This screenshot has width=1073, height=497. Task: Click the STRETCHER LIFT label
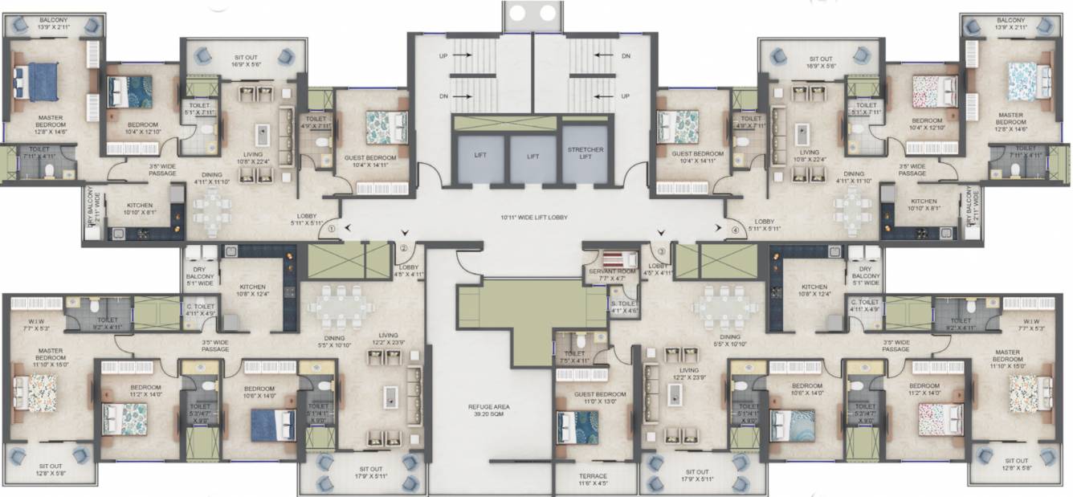pyautogui.click(x=585, y=154)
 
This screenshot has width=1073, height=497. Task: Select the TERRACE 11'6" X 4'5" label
pyautogui.click(x=594, y=479)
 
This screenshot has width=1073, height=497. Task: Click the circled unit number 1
pyautogui.click(x=331, y=230)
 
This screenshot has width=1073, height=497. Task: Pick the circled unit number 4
pyautogui.click(x=734, y=231)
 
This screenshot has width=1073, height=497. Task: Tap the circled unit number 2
pyautogui.click(x=404, y=248)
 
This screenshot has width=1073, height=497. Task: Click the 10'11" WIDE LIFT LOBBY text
pyautogui.click(x=533, y=217)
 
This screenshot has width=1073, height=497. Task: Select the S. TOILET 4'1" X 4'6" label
pyautogui.click(x=624, y=307)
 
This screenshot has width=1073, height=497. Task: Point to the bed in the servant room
pyautogui.click(x=618, y=259)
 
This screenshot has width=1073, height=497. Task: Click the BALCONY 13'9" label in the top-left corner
pyautogui.click(x=49, y=23)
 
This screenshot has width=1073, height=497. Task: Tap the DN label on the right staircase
pyautogui.click(x=626, y=55)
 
